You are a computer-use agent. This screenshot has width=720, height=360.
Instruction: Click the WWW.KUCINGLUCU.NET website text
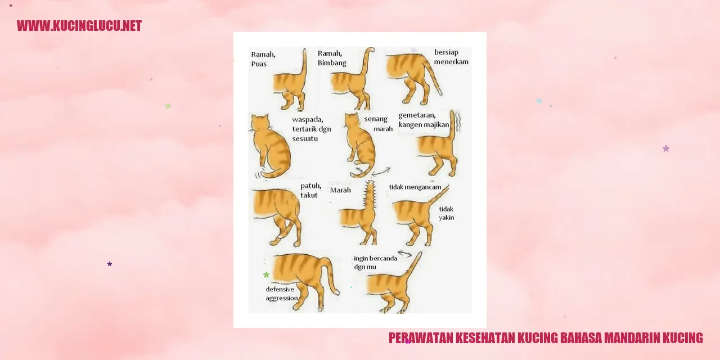(79, 26)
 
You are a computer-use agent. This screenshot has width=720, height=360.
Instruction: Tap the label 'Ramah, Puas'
(263, 59)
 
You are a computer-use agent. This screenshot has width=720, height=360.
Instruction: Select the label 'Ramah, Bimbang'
(332, 58)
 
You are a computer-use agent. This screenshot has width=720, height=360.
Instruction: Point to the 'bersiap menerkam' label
(451, 57)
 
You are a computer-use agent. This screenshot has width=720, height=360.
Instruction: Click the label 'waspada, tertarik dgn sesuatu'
(312, 129)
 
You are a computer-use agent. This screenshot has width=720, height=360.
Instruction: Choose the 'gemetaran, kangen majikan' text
(424, 120)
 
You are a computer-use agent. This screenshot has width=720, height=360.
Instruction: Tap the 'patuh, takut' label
(311, 190)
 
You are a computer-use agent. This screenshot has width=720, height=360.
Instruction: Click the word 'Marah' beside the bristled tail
(340, 190)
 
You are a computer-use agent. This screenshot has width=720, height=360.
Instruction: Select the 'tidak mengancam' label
(415, 187)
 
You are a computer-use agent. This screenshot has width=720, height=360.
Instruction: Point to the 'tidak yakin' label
(447, 213)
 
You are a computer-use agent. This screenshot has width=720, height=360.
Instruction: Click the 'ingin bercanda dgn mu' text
(375, 262)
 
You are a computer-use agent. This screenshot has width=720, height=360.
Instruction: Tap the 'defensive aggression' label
(282, 294)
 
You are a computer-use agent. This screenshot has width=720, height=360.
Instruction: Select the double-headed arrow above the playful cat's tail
(404, 254)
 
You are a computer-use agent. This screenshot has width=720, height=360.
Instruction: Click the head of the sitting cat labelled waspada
(259, 122)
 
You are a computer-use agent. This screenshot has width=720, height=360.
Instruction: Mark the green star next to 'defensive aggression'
(266, 275)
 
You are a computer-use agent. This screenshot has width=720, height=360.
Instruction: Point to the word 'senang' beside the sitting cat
(376, 119)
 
